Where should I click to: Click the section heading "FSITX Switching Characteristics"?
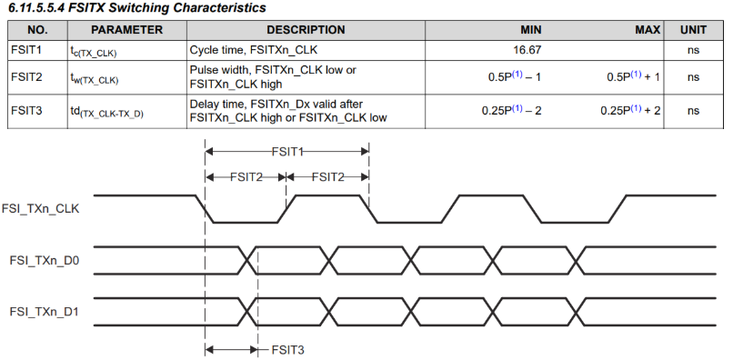coord(167,8)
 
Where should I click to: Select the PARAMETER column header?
coord(126,30)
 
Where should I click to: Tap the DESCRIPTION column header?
coord(306,30)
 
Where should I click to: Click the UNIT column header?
coord(693,30)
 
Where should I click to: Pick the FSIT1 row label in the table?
coord(26,50)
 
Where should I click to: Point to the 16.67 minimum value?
coord(527,50)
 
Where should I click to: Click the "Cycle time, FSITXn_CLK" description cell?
coord(253,50)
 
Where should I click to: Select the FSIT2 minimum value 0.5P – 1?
coord(515,76)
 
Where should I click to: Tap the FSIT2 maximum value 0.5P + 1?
coord(634,76)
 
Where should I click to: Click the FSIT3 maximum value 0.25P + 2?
coord(630,110)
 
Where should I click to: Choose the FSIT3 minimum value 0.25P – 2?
coord(511,110)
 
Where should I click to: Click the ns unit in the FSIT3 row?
coord(693,111)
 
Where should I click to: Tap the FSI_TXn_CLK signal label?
coord(41,208)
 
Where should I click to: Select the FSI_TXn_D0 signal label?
coord(45,260)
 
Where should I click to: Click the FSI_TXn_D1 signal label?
coord(45,311)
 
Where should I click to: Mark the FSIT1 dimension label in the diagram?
coord(287,151)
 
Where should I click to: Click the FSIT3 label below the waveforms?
coord(288,350)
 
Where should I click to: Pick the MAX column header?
coord(648,30)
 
